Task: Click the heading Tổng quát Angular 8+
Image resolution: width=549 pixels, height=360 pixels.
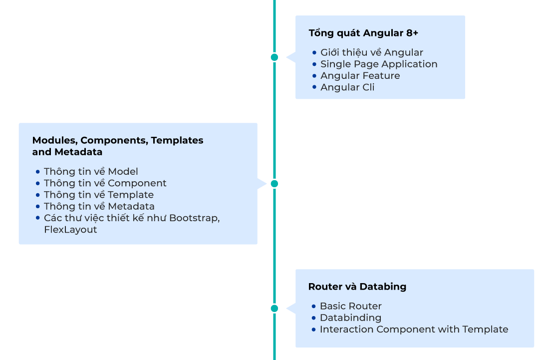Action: point(363,33)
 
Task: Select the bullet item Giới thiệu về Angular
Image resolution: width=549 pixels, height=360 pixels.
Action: point(371,52)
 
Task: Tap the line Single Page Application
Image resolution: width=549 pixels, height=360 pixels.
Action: point(379,64)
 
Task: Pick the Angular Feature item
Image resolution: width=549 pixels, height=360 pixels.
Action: point(360,76)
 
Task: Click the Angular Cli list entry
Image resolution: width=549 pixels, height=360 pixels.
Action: point(347,87)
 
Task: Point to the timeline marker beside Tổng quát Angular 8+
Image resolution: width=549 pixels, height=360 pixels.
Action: point(274,57)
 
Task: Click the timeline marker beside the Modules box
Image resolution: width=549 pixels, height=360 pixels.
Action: point(274,184)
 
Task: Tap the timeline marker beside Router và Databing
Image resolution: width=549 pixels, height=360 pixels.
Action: point(274,308)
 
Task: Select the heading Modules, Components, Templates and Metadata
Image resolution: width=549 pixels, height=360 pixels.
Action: point(117,146)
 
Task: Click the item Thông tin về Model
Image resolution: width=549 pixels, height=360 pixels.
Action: point(91,172)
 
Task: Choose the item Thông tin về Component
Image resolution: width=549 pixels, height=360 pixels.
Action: point(105,183)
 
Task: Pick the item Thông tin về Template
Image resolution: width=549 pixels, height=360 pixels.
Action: point(98,195)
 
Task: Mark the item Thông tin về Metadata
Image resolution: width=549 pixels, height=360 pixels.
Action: point(99,206)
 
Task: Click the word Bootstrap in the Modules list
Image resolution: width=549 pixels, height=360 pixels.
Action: point(194,218)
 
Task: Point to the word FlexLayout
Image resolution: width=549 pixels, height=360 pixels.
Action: point(70,230)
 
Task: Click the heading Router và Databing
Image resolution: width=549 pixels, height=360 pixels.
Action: point(357,287)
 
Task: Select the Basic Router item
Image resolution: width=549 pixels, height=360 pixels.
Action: point(350,306)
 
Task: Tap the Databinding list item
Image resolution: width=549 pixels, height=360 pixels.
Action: point(350,318)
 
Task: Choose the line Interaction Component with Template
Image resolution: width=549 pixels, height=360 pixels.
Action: point(414,330)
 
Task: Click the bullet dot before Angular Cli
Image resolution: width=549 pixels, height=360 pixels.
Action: point(314,87)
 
